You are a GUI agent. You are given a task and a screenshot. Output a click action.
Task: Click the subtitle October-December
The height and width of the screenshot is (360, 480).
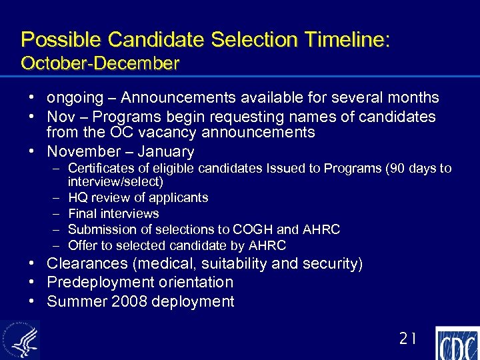pos(100,64)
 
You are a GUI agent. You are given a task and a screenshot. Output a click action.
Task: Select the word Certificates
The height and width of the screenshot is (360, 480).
pos(102,168)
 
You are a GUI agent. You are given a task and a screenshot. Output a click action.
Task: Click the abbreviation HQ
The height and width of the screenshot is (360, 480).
pos(78,198)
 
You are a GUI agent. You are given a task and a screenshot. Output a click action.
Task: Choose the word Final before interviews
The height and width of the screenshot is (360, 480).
pos(83,214)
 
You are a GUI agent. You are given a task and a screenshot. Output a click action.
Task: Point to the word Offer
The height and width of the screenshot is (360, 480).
pos(83,246)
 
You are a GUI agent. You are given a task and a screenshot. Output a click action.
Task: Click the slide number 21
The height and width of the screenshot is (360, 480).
pos(407,339)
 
